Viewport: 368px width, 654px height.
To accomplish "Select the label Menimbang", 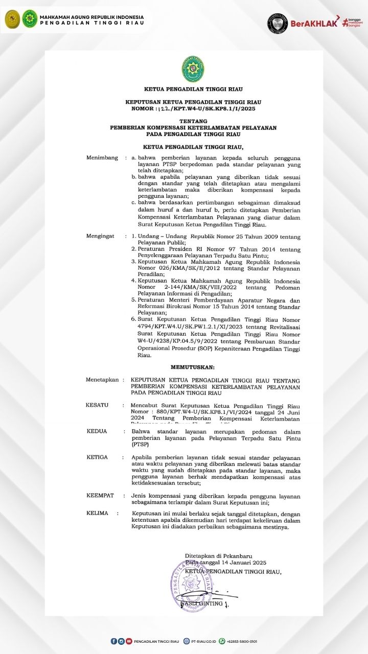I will (102, 158).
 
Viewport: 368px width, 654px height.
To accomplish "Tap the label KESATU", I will (97, 405).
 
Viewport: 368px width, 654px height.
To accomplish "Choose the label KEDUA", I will (97, 431).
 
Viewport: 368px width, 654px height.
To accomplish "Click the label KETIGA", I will (97, 457).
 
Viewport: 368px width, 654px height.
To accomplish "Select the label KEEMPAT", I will (100, 496).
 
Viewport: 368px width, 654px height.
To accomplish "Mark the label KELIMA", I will (97, 513).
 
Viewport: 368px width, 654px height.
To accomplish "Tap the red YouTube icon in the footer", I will (129, 641).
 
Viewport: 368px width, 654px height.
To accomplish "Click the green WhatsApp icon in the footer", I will (222, 641).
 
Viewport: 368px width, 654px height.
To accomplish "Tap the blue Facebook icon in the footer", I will (113, 641).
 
